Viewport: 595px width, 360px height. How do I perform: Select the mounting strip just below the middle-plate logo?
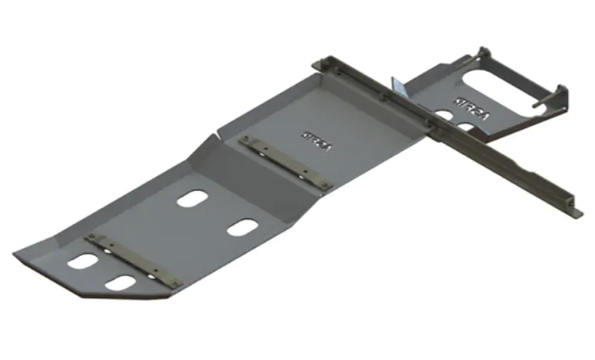point(286,162)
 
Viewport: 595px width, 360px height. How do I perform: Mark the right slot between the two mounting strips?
point(242,228)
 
